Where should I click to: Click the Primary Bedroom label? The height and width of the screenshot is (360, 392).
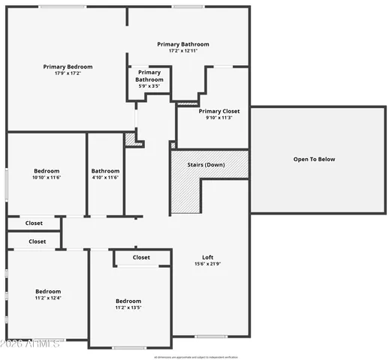click(67, 67)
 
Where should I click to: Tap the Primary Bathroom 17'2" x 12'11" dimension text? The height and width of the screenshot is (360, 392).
click(183, 51)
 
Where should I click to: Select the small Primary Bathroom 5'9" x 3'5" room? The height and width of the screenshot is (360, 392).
click(149, 79)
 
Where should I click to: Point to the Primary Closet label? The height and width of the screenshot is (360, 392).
click(219, 111)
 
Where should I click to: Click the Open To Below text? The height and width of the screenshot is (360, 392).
click(314, 159)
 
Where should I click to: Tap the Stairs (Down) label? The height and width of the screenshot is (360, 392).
click(206, 164)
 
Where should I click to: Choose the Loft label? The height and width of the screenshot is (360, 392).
click(208, 257)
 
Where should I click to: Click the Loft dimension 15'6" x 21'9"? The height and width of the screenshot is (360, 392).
click(208, 264)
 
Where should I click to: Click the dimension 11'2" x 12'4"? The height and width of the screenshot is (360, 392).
click(48, 298)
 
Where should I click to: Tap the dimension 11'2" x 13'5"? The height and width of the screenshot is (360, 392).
click(128, 307)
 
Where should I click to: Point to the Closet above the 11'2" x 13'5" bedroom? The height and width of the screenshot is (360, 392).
click(141, 257)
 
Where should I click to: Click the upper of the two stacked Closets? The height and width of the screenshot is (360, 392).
click(34, 223)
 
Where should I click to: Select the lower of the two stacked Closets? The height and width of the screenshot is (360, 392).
click(37, 241)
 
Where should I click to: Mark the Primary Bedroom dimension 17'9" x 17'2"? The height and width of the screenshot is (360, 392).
click(67, 73)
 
